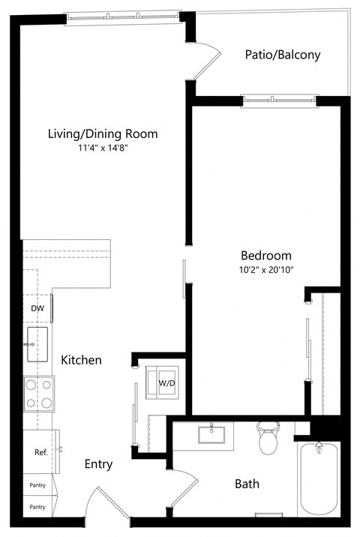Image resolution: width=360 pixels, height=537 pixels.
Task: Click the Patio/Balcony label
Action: [283, 55]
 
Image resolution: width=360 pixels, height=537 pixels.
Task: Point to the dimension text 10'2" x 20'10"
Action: [265, 269]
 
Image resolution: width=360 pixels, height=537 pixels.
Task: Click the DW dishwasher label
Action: [37, 308]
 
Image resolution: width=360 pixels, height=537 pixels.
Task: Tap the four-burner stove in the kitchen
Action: [38, 394]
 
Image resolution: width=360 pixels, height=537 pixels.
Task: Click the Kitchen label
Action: [81, 360]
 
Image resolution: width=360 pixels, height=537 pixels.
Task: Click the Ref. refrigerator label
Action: [40, 452]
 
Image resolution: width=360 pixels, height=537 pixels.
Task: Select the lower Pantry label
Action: [37, 508]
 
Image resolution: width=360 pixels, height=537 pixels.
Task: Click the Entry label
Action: [98, 464]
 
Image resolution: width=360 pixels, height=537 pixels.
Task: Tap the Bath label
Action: [247, 484]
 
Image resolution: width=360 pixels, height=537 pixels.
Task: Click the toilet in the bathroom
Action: [268, 439]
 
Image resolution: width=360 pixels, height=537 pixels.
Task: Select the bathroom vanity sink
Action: [212, 435]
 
